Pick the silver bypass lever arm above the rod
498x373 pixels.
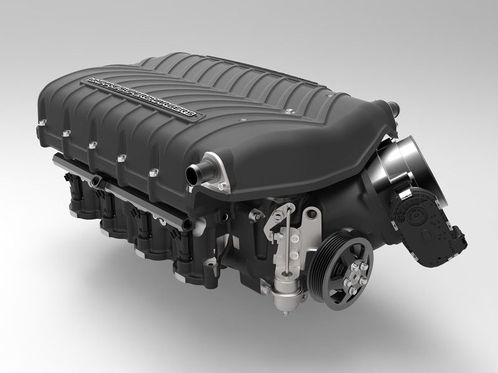click(x=274, y=214)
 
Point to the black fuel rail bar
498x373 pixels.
click(x=106, y=186)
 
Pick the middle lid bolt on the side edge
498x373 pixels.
click(x=92, y=147)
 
